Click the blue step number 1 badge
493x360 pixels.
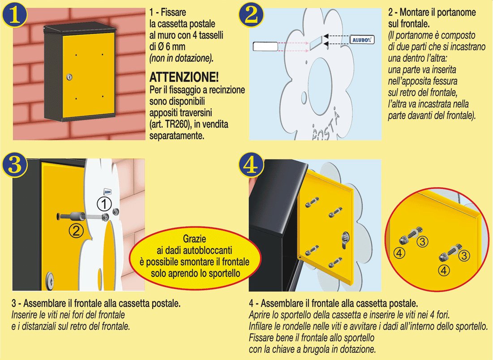[14, 15]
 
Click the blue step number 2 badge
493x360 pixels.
[251, 15]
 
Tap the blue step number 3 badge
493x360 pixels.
[14, 165]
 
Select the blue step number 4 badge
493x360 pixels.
[251, 165]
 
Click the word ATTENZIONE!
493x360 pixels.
[184, 77]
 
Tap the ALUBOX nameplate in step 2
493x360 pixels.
[362, 39]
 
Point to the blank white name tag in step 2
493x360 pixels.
[266, 46]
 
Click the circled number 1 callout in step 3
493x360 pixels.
[104, 204]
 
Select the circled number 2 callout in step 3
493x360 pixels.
[76, 231]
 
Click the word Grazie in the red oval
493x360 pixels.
[195, 239]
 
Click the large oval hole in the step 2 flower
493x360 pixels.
[320, 86]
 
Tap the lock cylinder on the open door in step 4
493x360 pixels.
[345, 240]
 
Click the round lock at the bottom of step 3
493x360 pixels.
[49, 280]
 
